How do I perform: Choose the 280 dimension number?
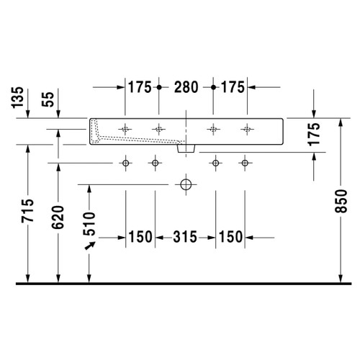[186, 87]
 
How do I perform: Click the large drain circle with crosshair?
[186, 184]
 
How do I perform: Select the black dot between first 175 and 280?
[158, 87]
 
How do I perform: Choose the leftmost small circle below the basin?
[126, 164]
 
